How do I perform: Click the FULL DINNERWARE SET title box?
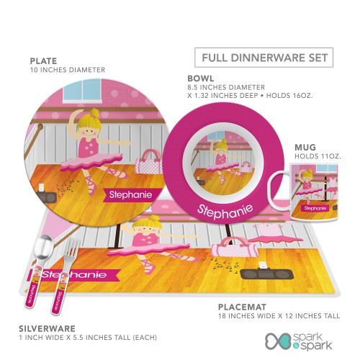[264, 58]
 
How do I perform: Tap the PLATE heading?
[43, 61]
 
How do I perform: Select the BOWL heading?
[201, 78]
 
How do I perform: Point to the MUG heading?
[305, 147]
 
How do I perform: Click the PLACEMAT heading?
[242, 307]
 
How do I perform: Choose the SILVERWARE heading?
[47, 328]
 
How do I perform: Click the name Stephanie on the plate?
[130, 194]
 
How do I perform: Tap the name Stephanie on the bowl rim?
[225, 211]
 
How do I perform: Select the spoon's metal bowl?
[43, 247]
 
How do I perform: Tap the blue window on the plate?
[82, 90]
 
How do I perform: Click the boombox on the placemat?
[267, 274]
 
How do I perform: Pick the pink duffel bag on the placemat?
[235, 247]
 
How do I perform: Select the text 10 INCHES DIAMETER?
[68, 70]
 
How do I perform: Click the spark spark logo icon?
[279, 341]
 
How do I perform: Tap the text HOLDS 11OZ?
[318, 156]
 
